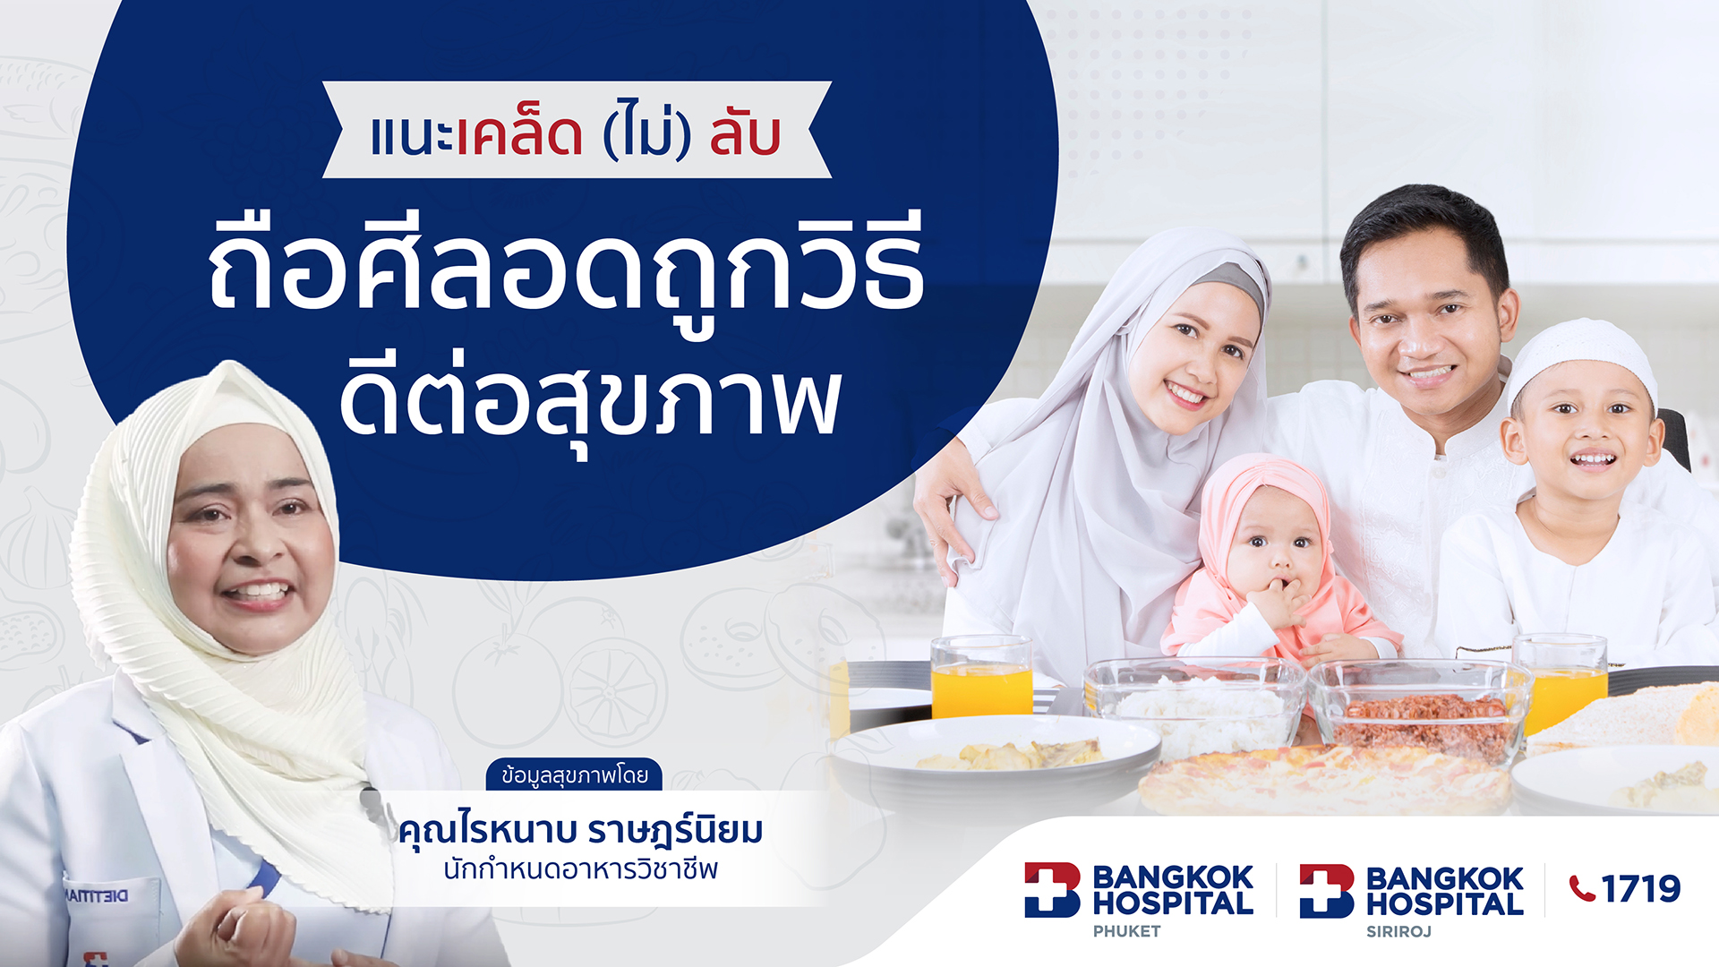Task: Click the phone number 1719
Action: pyautogui.click(x=1640, y=888)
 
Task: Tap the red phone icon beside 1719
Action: pyautogui.click(x=1582, y=888)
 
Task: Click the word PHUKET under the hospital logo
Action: pyautogui.click(x=1126, y=931)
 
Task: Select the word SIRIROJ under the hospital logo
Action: pyautogui.click(x=1398, y=931)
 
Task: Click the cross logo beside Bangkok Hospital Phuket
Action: pyautogui.click(x=1052, y=889)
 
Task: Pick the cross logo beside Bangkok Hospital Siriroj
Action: pyautogui.click(x=1326, y=890)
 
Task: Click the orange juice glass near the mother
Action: pyautogui.click(x=981, y=678)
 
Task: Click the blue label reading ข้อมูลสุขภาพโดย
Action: pyautogui.click(x=574, y=774)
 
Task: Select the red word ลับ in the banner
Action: pyautogui.click(x=745, y=135)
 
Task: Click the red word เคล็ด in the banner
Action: pyautogui.click(x=519, y=135)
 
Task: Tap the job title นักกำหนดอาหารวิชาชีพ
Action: pyautogui.click(x=580, y=869)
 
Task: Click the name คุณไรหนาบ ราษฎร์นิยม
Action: pyautogui.click(x=580, y=830)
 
